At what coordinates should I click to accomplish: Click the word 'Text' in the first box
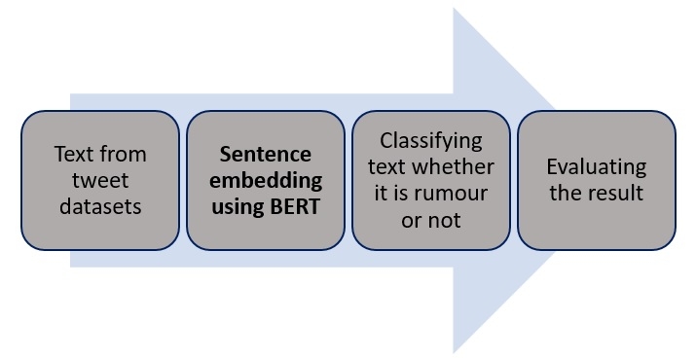[x=73, y=154]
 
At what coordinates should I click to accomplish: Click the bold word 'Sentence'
[x=265, y=154]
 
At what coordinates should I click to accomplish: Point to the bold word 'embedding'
[x=265, y=179]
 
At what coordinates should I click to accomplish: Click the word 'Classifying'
[x=430, y=141]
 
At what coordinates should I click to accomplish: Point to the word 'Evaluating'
[x=596, y=166]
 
